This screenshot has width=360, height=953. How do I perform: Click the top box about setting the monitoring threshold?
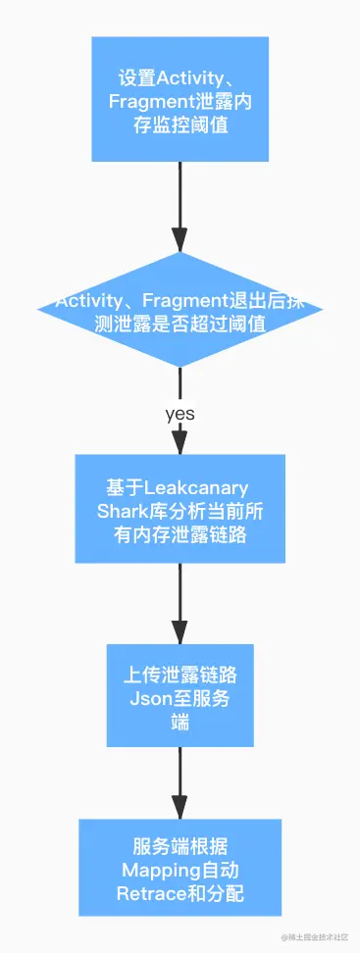click(180, 99)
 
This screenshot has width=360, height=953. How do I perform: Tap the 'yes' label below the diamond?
click(180, 413)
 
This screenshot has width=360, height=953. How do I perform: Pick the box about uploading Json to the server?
click(180, 695)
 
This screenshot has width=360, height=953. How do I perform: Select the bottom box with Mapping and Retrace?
click(180, 869)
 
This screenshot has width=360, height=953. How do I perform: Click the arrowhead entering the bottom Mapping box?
click(180, 808)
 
